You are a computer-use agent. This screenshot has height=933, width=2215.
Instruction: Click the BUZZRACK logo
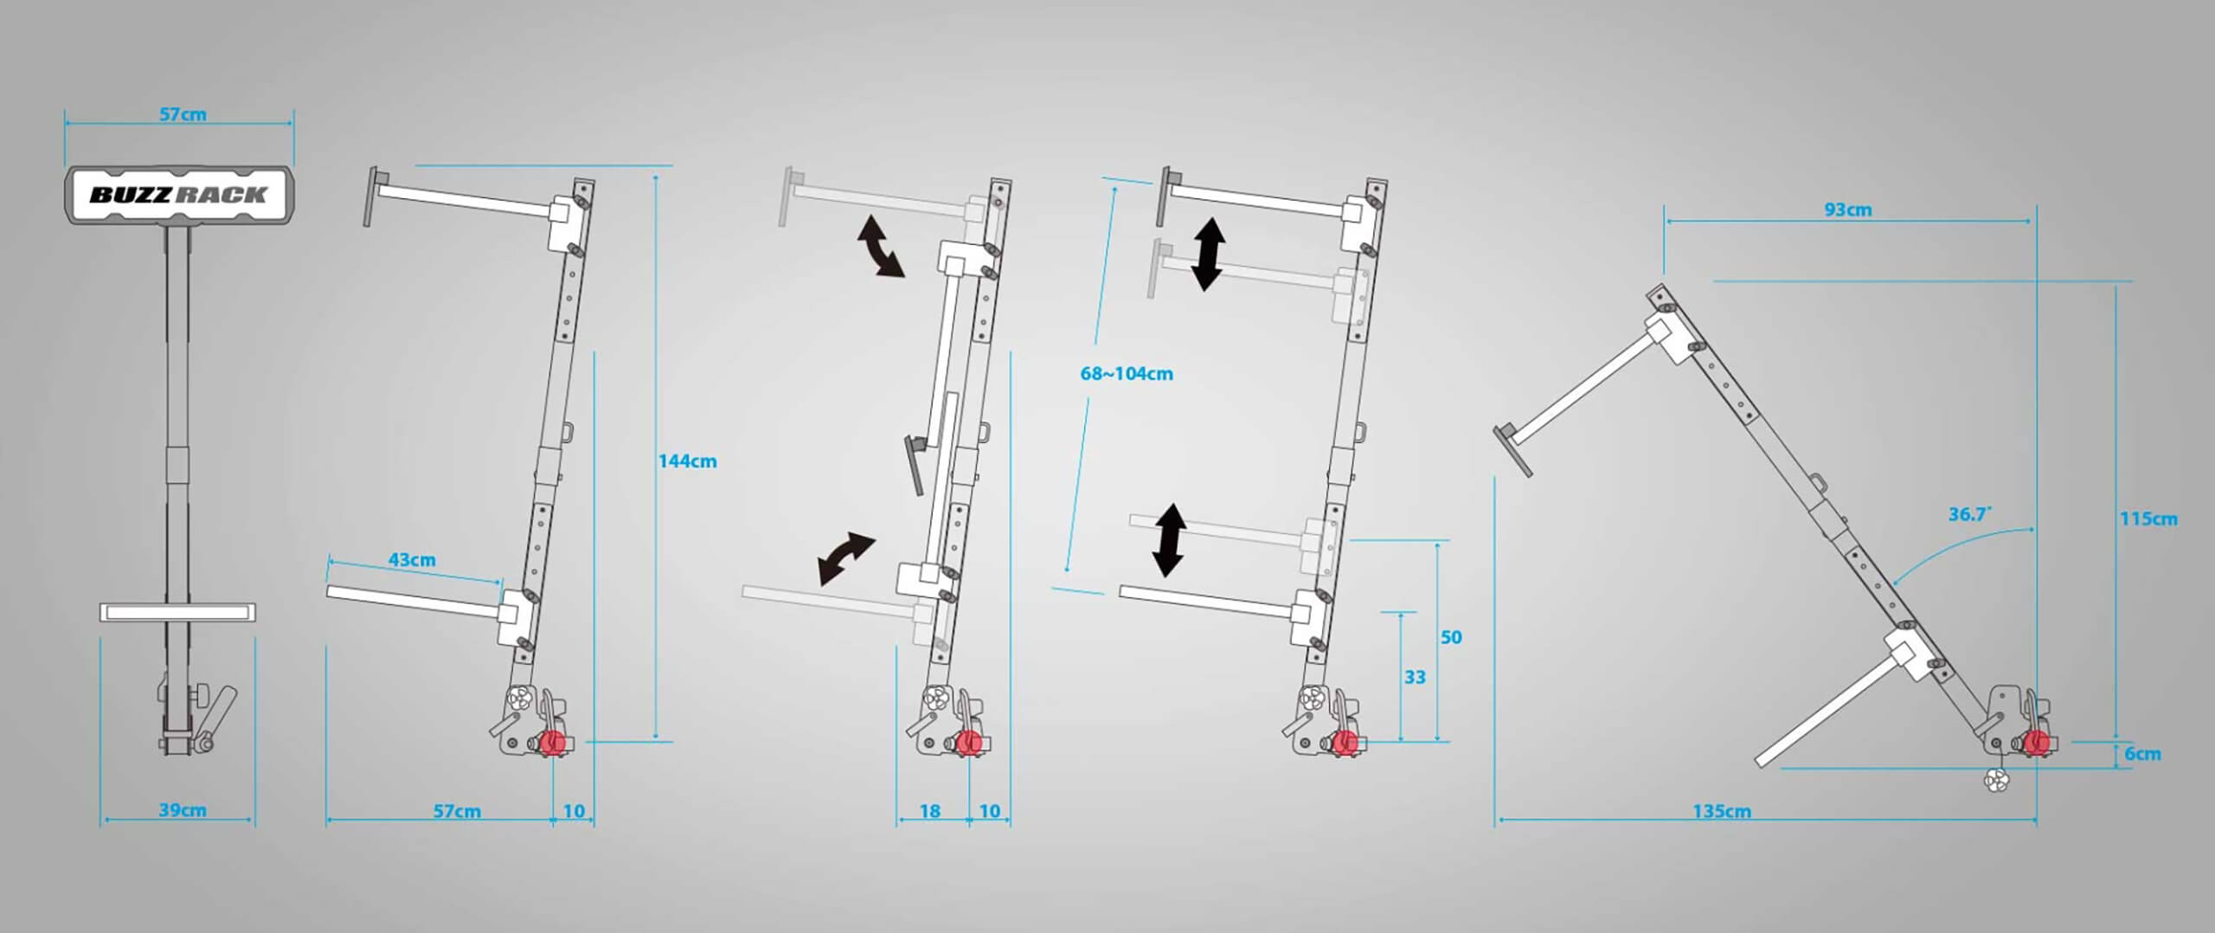coord(179,195)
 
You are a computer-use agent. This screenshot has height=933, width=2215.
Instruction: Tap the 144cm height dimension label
coord(688,461)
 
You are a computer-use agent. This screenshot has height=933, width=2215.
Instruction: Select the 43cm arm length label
coord(412,560)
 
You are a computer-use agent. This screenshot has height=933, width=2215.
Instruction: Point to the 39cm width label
coord(183,811)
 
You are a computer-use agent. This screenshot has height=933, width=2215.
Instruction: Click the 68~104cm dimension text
coord(1127,374)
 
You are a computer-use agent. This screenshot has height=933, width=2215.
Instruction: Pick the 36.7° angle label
coord(1969,514)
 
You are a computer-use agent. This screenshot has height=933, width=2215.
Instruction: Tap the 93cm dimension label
coord(1847,209)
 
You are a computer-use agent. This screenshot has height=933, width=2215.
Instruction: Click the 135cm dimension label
coord(1722,812)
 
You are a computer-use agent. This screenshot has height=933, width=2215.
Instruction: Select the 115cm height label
coord(2148,519)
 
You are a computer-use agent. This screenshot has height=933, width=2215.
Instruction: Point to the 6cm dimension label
coord(2143,754)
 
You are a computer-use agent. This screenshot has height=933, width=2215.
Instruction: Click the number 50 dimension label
coord(1451,638)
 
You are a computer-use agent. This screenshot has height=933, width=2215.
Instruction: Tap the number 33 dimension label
coord(1415,678)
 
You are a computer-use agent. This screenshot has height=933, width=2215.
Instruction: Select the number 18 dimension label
coord(930,812)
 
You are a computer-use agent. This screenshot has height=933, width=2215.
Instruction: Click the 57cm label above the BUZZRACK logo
coord(183,114)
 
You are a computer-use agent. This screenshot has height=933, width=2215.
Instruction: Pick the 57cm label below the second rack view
coord(457,812)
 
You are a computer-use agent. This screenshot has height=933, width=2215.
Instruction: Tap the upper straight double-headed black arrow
coord(1208,254)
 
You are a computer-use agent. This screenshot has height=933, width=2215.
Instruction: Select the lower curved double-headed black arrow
coord(847,559)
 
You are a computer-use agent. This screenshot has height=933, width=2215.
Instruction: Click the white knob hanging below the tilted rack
coord(1995,782)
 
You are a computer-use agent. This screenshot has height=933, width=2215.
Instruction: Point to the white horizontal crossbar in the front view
coord(178,613)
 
